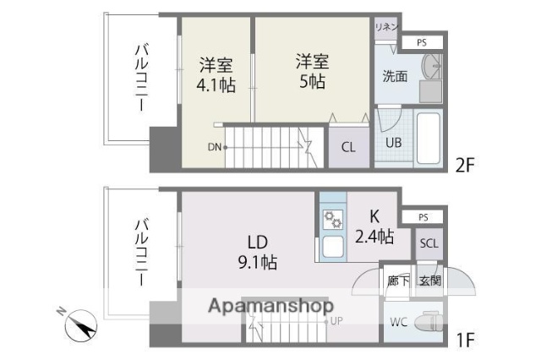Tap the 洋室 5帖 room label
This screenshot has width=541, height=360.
(x=312, y=72)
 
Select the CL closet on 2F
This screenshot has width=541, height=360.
(x=348, y=146)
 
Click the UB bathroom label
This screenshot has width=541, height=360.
(x=394, y=142)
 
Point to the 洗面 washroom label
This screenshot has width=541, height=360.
(x=395, y=76)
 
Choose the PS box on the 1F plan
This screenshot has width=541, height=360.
(x=424, y=217)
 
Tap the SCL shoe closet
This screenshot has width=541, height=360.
(x=429, y=243)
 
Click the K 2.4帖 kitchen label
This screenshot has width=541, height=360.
(x=373, y=226)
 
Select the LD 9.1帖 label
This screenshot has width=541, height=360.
(x=256, y=252)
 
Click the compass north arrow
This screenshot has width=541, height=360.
(x=82, y=325)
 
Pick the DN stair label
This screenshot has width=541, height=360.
(x=216, y=147)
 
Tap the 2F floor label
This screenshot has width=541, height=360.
(x=466, y=164)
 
